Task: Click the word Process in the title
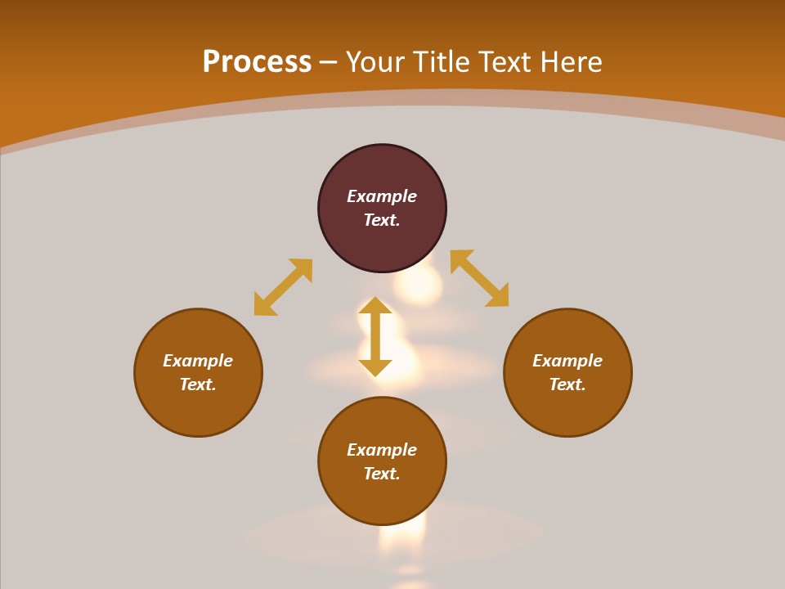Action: pos(257,62)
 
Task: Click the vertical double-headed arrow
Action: pos(375,336)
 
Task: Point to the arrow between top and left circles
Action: pos(283,286)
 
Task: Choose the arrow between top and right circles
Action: pos(479,278)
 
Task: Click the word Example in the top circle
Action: pos(382,196)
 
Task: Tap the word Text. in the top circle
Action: pos(382,220)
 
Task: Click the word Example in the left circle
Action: pos(198,361)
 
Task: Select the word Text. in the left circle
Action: pos(198,384)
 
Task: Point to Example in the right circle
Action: pos(567,361)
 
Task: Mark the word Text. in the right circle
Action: pos(567,384)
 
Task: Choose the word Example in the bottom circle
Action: pos(382,450)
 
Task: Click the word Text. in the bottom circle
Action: pos(382,474)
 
